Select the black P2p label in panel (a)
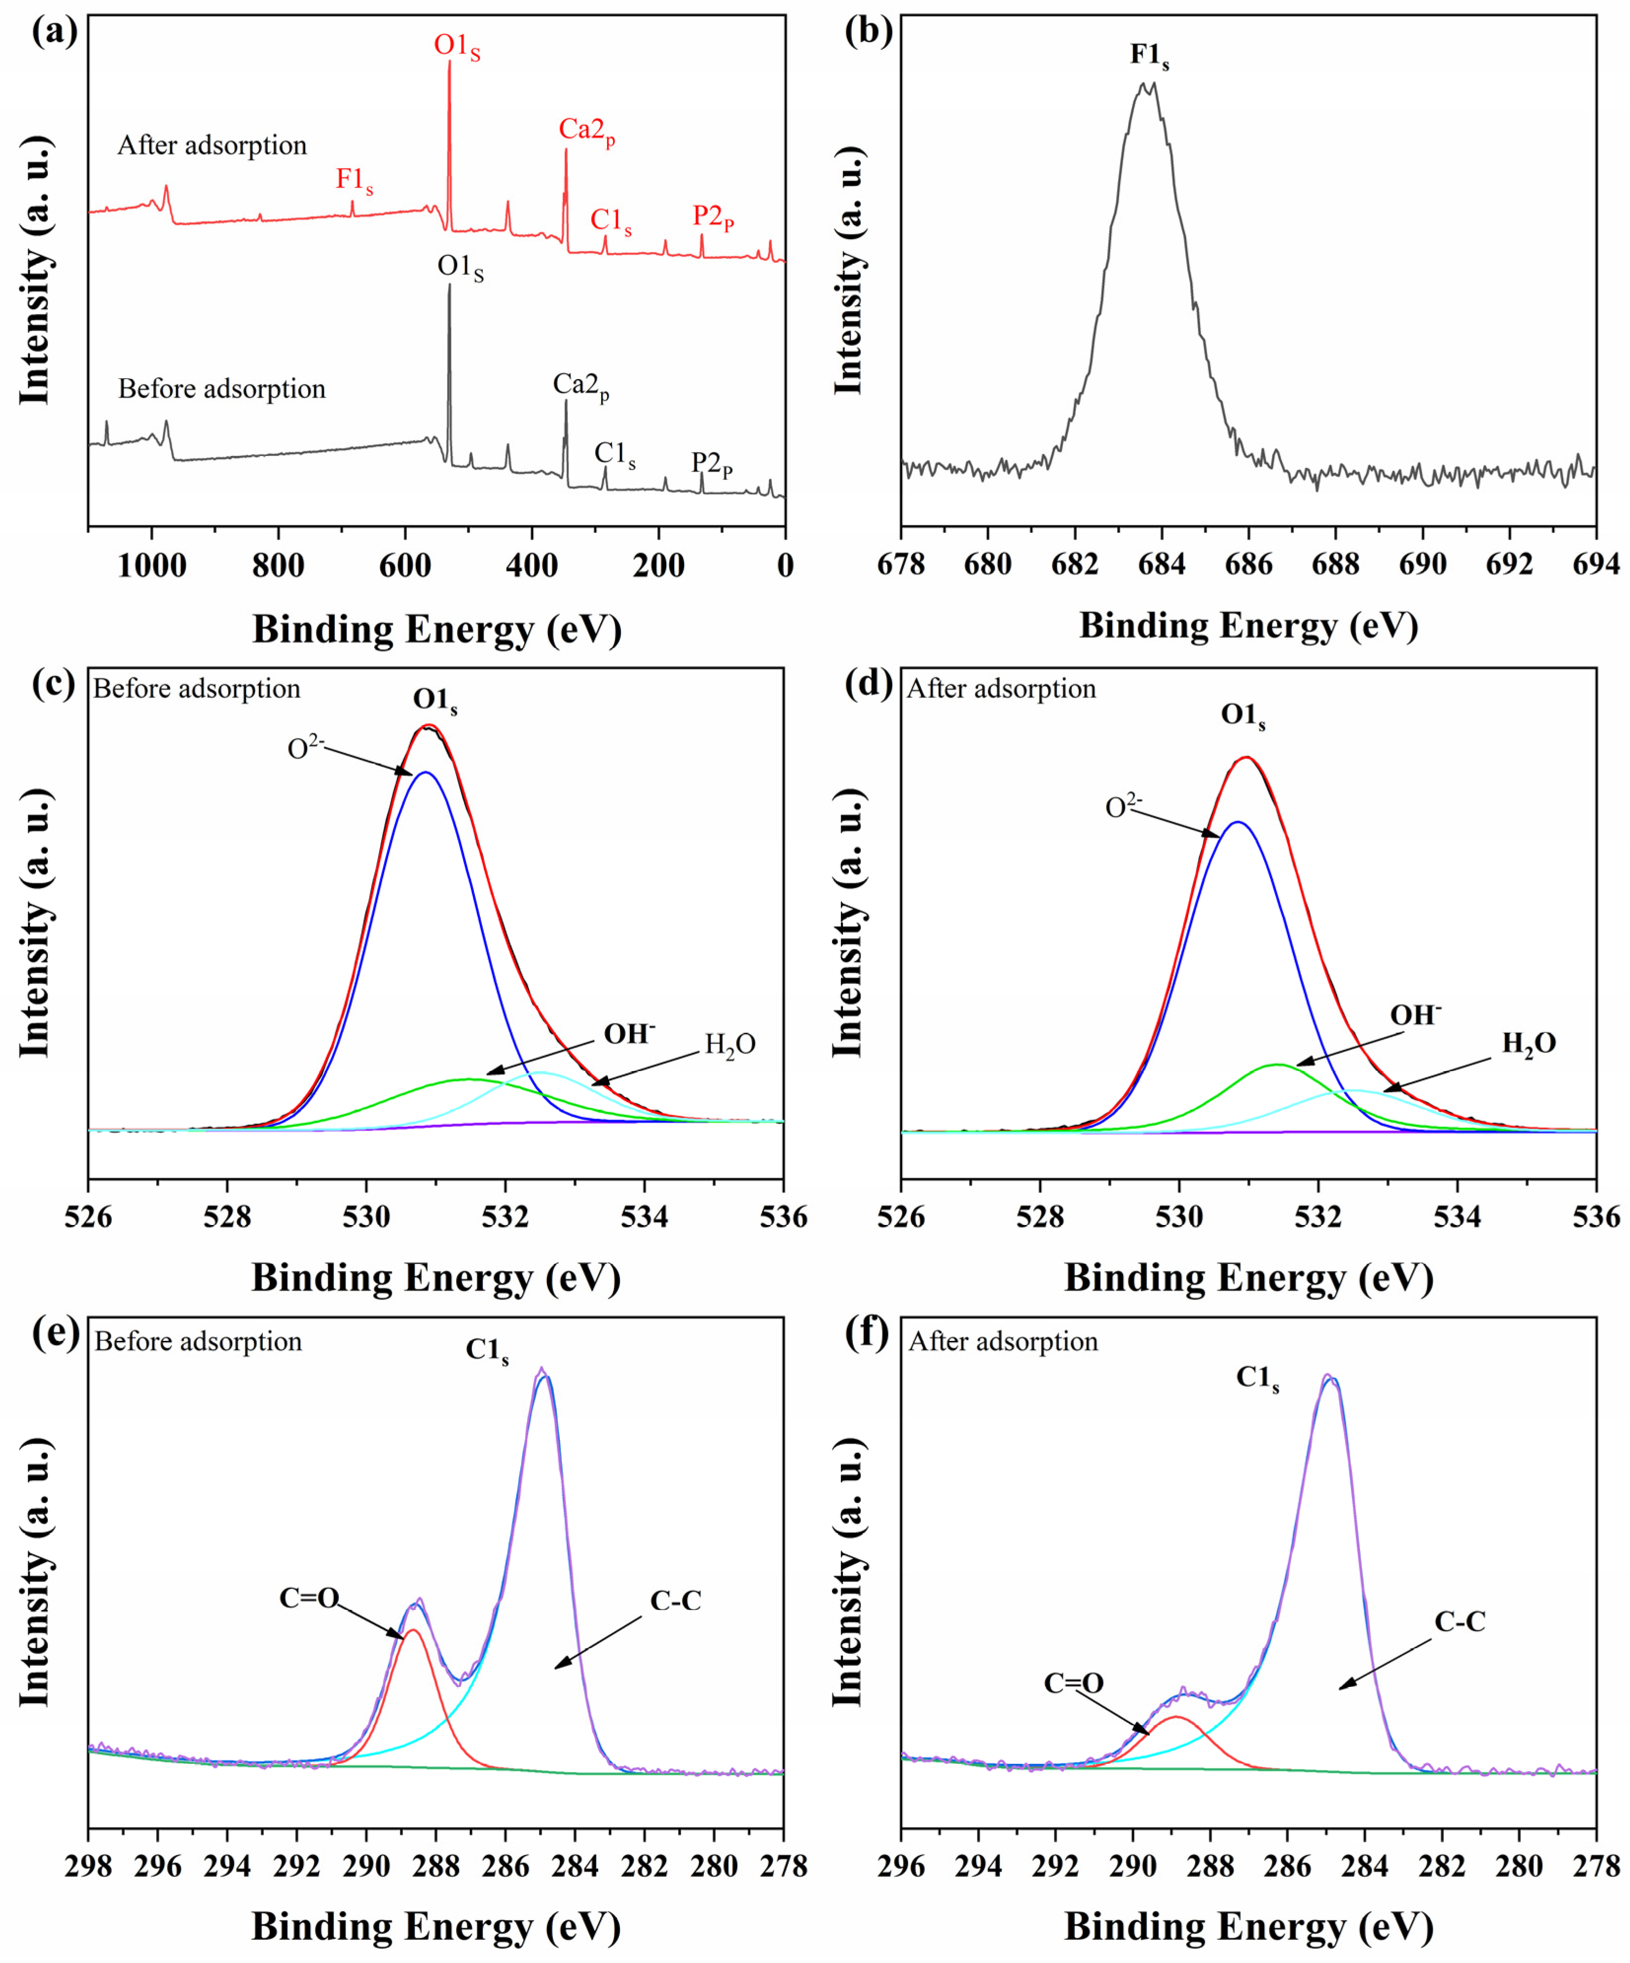tap(712, 464)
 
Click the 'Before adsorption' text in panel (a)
tap(221, 389)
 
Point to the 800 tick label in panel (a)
tap(278, 565)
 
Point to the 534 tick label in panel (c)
tap(644, 1217)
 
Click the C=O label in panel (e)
tap(309, 1598)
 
